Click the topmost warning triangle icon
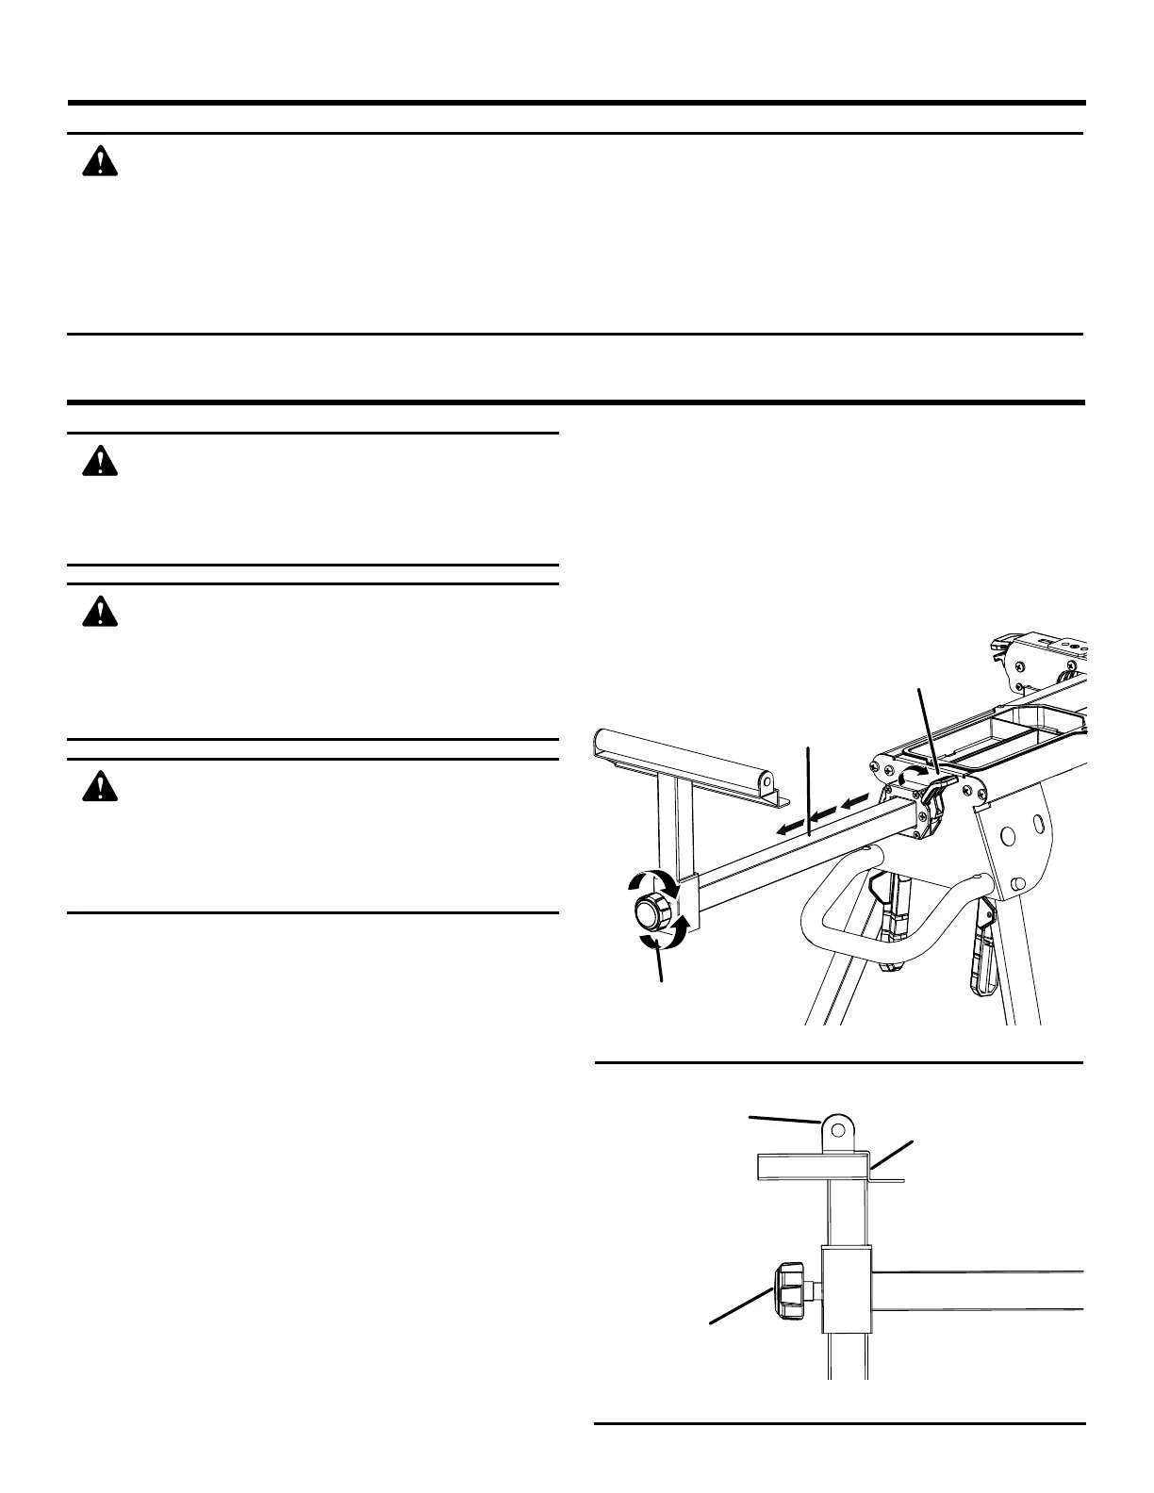(99, 163)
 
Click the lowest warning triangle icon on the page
(99, 786)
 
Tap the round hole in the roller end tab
(767, 781)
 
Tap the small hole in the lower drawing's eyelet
(836, 1126)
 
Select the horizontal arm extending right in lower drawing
(981, 1290)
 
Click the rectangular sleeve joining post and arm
(849, 1288)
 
